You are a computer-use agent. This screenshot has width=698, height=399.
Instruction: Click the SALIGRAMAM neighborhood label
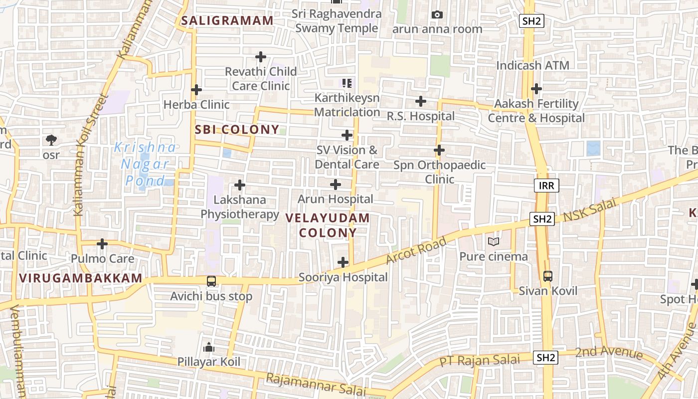[x=227, y=21]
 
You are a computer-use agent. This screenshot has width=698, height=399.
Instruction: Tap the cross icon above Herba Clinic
[x=196, y=90]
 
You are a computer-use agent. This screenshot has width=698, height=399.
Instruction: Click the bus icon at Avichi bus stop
[x=211, y=281]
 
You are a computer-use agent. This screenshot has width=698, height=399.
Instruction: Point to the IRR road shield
[x=546, y=186]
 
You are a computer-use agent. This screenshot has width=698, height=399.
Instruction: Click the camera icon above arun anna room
[x=437, y=15]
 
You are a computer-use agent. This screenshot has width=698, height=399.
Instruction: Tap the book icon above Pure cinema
[x=493, y=242]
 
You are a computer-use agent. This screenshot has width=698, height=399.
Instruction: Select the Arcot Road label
[x=416, y=252]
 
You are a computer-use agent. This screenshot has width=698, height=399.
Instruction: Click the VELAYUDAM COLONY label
[x=328, y=225]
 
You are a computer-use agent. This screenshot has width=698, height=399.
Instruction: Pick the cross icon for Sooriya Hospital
[x=343, y=262]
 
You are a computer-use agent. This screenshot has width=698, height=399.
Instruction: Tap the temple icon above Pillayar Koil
[x=209, y=347]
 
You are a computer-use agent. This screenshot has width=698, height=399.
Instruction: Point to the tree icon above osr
[x=51, y=140]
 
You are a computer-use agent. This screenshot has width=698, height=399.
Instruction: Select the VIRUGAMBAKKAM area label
[x=81, y=278]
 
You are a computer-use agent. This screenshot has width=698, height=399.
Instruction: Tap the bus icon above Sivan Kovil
[x=547, y=276]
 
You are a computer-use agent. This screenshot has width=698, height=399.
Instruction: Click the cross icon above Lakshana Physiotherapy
[x=240, y=185]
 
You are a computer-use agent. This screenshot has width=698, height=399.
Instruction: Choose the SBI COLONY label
[x=237, y=130]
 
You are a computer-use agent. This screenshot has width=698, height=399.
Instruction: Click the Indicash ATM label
[x=532, y=65]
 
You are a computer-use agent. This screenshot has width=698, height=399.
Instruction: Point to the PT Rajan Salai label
[x=480, y=360]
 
